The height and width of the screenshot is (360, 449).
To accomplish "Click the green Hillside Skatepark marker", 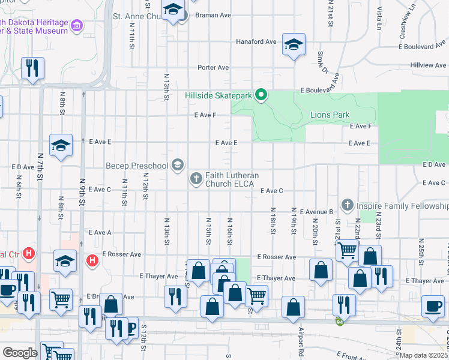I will (x=261, y=95).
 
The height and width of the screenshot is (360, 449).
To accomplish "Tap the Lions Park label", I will (x=330, y=115).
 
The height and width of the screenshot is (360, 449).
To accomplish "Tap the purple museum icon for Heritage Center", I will (x=76, y=26).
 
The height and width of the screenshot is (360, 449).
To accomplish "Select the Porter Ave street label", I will (x=214, y=67).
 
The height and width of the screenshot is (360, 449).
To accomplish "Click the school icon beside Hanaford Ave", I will (x=294, y=46).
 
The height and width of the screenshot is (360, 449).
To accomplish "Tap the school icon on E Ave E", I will (x=61, y=145).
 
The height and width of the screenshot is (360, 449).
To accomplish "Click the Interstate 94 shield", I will (x=340, y=322).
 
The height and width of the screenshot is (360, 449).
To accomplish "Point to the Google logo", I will (x=20, y=352).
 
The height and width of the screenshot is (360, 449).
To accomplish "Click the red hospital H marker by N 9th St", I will (x=92, y=260).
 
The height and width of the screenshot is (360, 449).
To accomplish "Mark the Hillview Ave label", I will (x=428, y=65).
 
